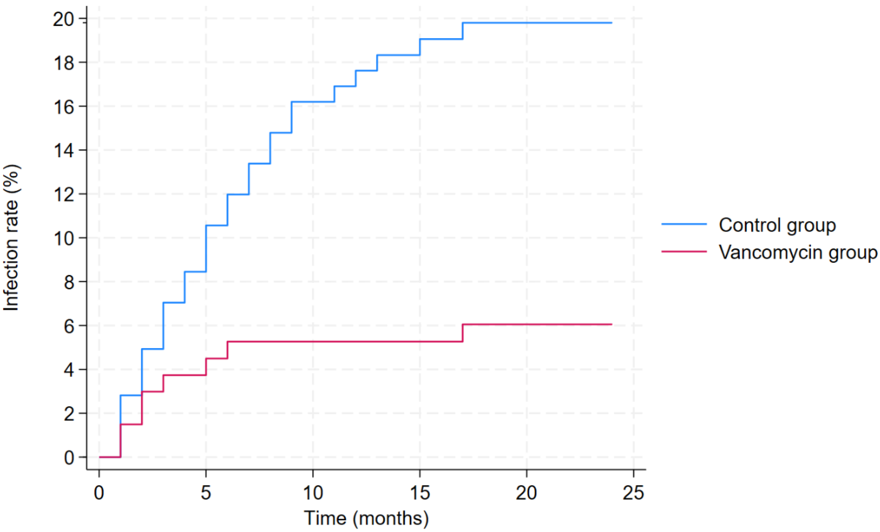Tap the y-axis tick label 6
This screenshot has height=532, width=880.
tap(69, 326)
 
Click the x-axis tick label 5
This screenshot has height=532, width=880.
tap(206, 493)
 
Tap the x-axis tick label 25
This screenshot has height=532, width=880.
tap(633, 493)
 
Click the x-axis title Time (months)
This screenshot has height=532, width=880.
tap(366, 518)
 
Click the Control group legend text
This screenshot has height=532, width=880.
tap(777, 225)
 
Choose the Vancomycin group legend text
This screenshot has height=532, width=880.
tap(798, 252)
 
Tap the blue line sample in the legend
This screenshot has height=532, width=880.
tap(684, 224)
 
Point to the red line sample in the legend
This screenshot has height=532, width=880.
tap(684, 252)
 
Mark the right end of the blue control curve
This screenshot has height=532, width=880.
tap(611, 23)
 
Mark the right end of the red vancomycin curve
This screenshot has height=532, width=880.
tap(611, 324)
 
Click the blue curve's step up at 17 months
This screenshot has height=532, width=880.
tap(463, 31)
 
